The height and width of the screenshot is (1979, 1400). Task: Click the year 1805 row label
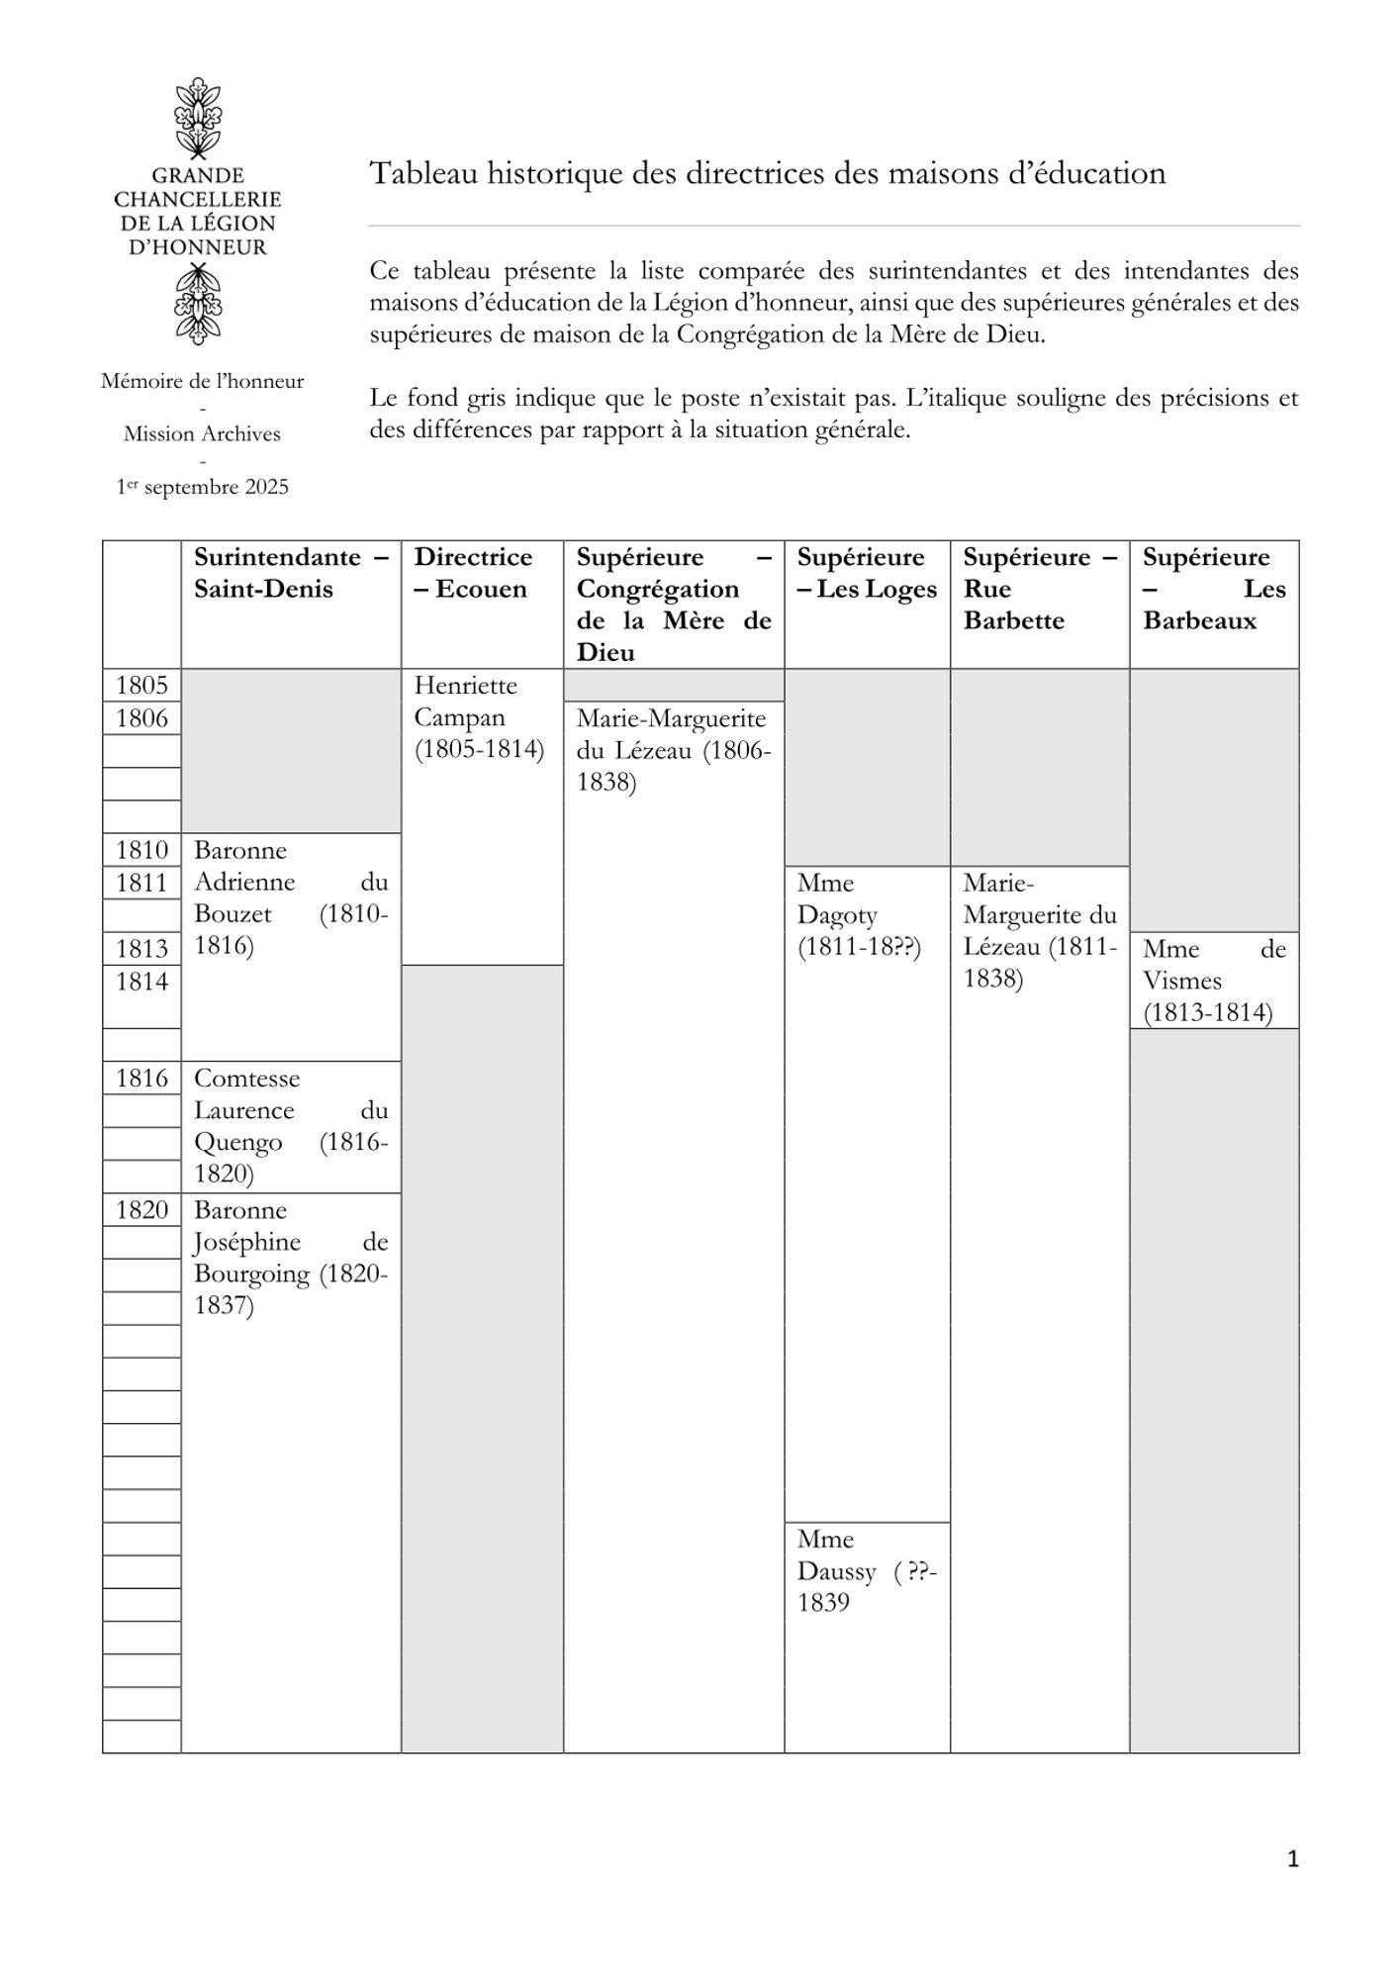(141, 686)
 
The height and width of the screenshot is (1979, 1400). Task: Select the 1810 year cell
(141, 850)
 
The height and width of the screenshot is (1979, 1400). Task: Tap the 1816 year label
(141, 1078)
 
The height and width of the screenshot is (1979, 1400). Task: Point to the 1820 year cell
(141, 1209)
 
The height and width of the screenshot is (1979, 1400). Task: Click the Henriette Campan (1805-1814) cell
(480, 717)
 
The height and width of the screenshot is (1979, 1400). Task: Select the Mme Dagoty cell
(859, 915)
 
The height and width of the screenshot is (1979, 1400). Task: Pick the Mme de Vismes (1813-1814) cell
(1213, 981)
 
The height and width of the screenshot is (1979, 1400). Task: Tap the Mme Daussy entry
(866, 1570)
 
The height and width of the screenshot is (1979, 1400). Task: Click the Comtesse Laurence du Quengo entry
(291, 1126)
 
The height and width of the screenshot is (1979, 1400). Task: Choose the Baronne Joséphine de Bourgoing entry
(291, 1258)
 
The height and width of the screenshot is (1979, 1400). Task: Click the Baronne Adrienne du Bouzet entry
(291, 897)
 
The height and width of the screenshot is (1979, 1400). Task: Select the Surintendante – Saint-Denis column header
(291, 573)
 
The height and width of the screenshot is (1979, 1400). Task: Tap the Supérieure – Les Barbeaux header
(1213, 589)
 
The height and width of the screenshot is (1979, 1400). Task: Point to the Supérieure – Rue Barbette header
(1039, 589)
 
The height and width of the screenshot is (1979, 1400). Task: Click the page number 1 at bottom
(1292, 1859)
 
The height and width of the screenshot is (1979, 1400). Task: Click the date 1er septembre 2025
(203, 487)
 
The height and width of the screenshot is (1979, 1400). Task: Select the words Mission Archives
(202, 433)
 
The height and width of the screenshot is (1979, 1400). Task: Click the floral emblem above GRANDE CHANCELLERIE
(198, 117)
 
